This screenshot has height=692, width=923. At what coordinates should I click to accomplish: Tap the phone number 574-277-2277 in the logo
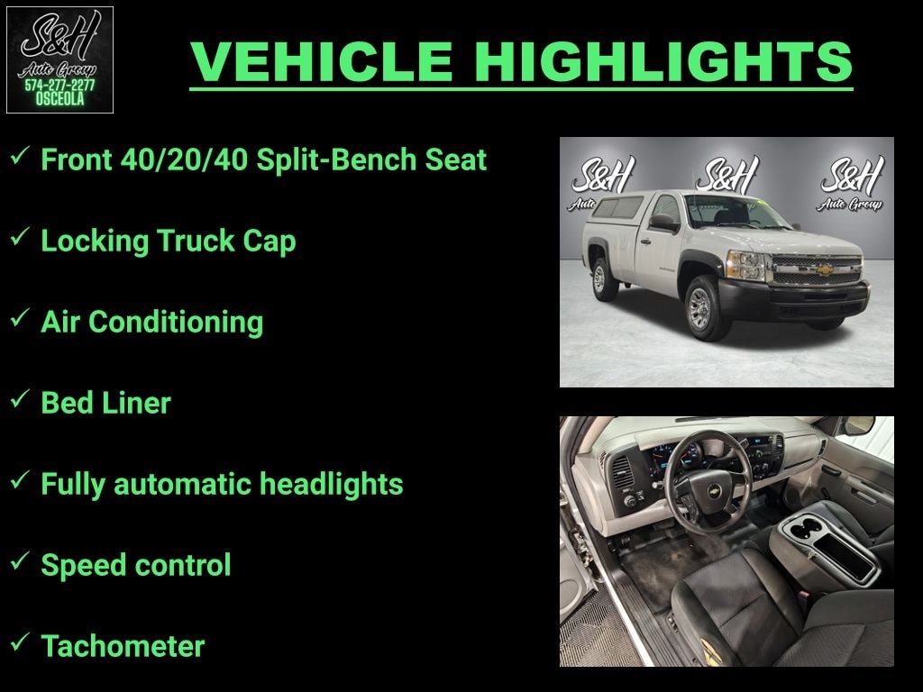[59, 86]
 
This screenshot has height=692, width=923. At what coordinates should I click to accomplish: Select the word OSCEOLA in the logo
[59, 100]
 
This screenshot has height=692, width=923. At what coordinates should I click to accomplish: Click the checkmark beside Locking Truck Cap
[19, 238]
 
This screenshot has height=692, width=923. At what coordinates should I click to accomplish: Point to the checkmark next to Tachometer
[19, 643]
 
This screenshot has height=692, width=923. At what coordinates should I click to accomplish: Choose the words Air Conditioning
[151, 322]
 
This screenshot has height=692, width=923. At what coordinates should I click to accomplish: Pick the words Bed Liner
[105, 403]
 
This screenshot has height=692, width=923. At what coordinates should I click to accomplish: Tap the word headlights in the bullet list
[331, 484]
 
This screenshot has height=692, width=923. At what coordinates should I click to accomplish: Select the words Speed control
[135, 565]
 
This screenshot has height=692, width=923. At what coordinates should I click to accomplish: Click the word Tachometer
[123, 646]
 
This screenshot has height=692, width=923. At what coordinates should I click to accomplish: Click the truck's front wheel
[700, 308]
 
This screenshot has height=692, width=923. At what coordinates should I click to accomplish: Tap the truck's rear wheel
[599, 278]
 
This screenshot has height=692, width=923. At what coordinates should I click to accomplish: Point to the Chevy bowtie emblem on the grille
[818, 268]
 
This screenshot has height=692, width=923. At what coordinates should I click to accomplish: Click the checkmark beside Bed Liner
[19, 400]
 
